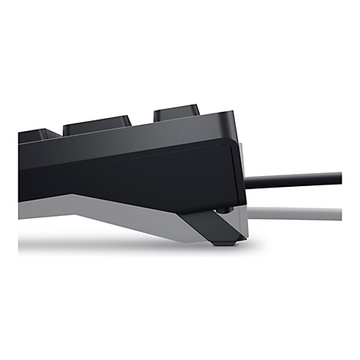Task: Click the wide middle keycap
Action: tap(97, 125)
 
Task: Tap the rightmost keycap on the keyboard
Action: tap(176, 113)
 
